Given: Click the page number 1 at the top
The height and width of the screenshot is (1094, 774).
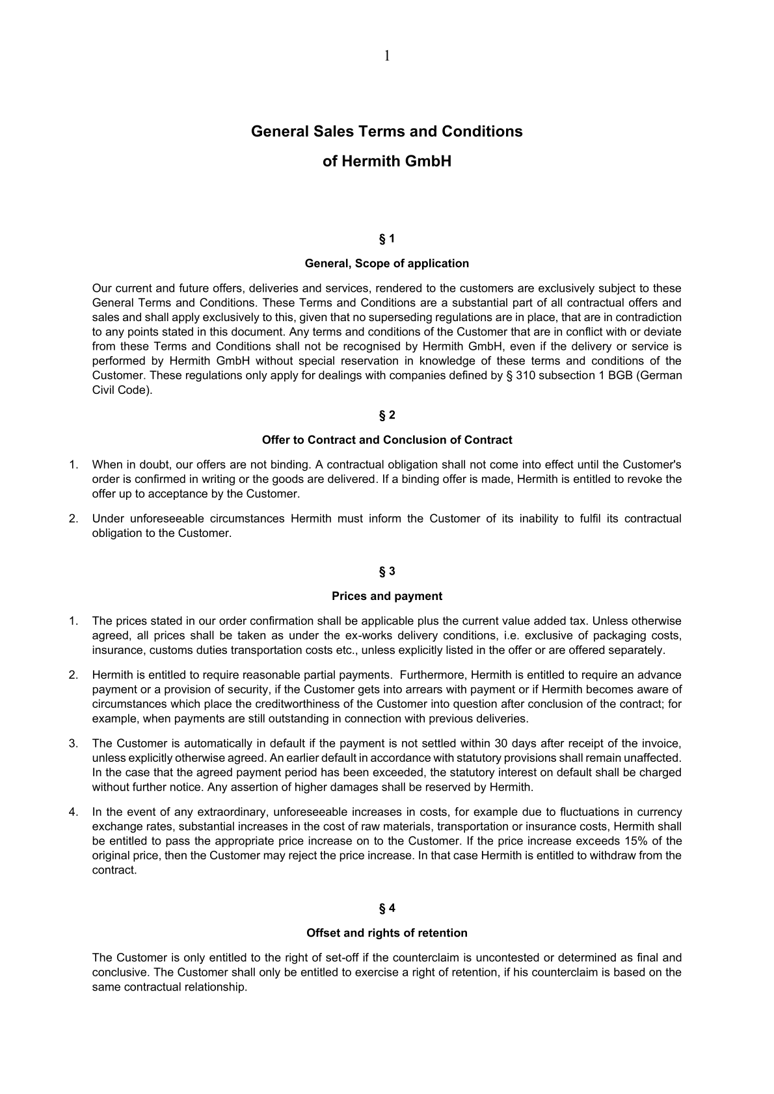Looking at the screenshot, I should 387,56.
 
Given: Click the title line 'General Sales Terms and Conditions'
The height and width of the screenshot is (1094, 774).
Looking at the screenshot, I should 386,131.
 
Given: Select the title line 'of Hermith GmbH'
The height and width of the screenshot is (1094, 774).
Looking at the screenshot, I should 386,161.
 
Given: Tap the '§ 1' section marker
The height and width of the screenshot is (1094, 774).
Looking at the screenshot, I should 386,239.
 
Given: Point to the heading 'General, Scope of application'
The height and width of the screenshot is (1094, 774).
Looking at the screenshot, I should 386,263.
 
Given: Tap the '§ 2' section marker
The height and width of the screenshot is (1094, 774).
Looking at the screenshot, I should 386,415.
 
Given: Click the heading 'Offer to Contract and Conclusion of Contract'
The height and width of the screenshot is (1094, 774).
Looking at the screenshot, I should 386,440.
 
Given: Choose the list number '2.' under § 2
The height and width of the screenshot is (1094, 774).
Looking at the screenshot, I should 73,519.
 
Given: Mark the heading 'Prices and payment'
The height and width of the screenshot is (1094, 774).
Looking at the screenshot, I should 386,596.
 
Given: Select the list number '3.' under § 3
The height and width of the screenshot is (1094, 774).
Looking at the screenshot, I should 73,744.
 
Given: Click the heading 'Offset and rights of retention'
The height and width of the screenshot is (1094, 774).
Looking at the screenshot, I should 386,933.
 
